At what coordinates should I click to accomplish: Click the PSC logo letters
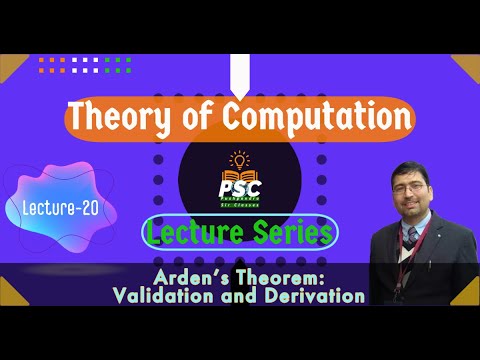[x=238, y=186]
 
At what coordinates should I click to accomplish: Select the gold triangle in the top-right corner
[x=468, y=66]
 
